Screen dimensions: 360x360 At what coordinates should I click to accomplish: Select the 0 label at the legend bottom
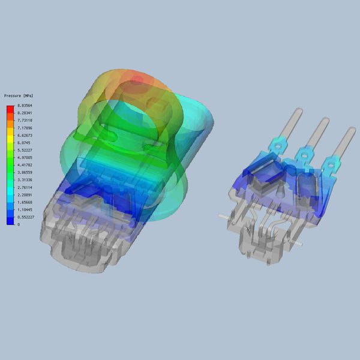18,224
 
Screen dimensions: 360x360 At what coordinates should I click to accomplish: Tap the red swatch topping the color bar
10,109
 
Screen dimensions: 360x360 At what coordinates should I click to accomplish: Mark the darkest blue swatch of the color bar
10,221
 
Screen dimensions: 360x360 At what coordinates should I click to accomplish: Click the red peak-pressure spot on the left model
137,79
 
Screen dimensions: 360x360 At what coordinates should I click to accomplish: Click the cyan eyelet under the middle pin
304,155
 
